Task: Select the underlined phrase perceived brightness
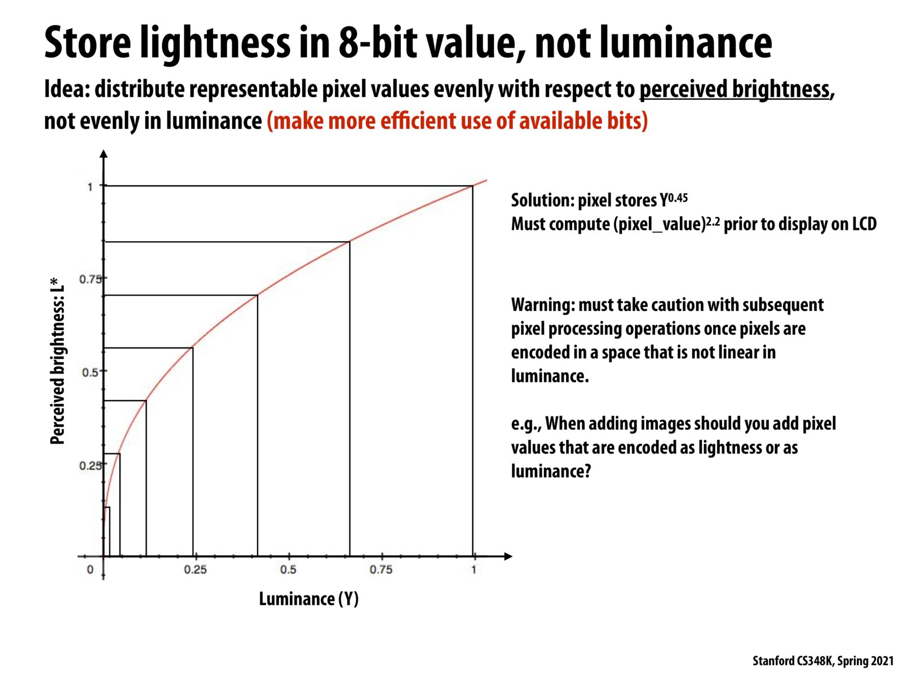(x=735, y=90)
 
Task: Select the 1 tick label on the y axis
(x=90, y=186)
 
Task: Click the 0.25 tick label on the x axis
(x=195, y=570)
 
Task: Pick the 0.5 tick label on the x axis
(x=288, y=570)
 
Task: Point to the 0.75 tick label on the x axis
(x=381, y=570)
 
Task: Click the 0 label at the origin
(x=90, y=570)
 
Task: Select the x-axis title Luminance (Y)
(x=308, y=599)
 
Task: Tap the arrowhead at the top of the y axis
(x=103, y=153)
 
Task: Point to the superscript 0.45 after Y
(x=678, y=198)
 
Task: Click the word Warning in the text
(x=542, y=305)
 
